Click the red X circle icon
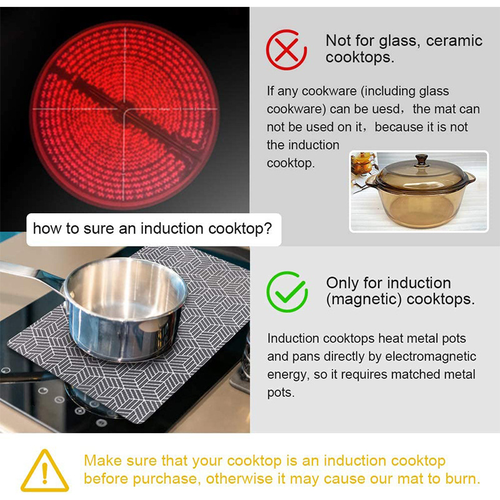click(x=286, y=49)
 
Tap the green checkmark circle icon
click(x=287, y=291)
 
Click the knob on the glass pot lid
click(x=422, y=161)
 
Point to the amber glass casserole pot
click(x=420, y=191)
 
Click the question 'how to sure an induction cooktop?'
click(x=152, y=229)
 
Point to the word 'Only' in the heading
click(x=341, y=282)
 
